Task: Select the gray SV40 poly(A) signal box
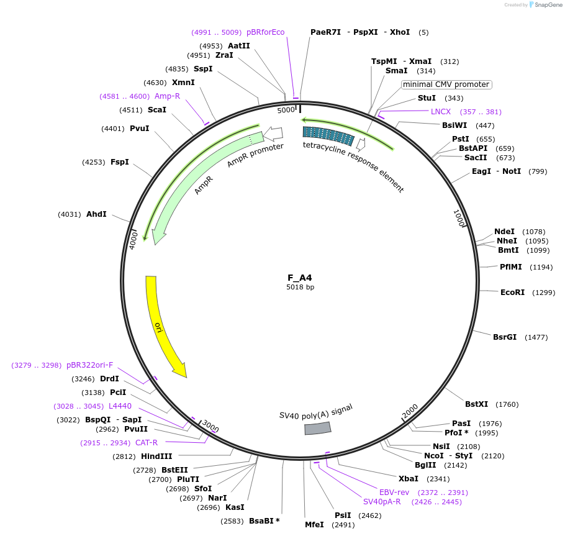click(317, 428)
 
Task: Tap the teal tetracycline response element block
click(328, 135)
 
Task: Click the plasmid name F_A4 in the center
click(300, 278)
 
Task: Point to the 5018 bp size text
click(300, 288)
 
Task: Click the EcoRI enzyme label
click(512, 292)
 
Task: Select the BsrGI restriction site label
click(505, 337)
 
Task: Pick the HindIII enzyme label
click(156, 457)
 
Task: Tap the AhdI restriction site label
click(96, 214)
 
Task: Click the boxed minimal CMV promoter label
click(446, 84)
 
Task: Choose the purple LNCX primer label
click(441, 112)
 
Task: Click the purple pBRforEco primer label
click(265, 32)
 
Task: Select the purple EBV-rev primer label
click(394, 493)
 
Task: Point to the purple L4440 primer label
click(120, 406)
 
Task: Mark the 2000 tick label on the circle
click(410, 411)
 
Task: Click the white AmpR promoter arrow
click(273, 133)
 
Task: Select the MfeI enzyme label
click(314, 525)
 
